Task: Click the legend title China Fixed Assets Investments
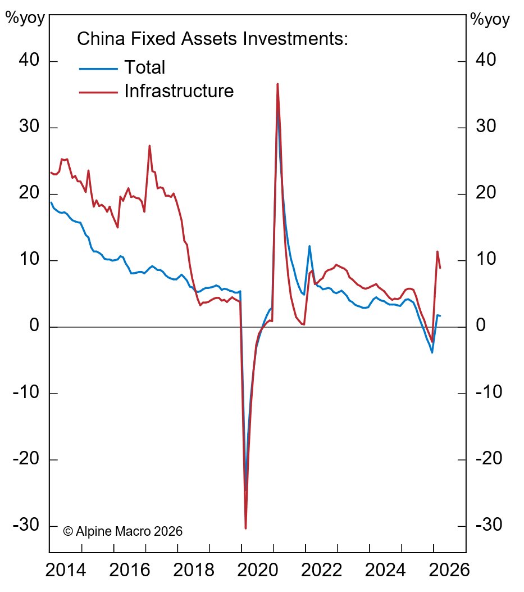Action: click(x=213, y=39)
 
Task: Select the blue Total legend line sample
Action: click(x=98, y=69)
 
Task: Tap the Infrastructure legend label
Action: click(x=179, y=91)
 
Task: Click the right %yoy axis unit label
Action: click(x=490, y=20)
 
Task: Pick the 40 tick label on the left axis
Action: click(x=27, y=61)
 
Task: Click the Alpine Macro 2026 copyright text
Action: click(x=123, y=531)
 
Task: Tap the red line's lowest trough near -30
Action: click(x=246, y=528)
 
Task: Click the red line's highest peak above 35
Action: click(x=277, y=84)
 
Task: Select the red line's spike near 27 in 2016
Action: click(x=149, y=146)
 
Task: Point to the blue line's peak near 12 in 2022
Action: click(x=309, y=246)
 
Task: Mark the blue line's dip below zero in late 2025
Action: click(x=432, y=353)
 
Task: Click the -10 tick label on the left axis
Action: click(x=25, y=393)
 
